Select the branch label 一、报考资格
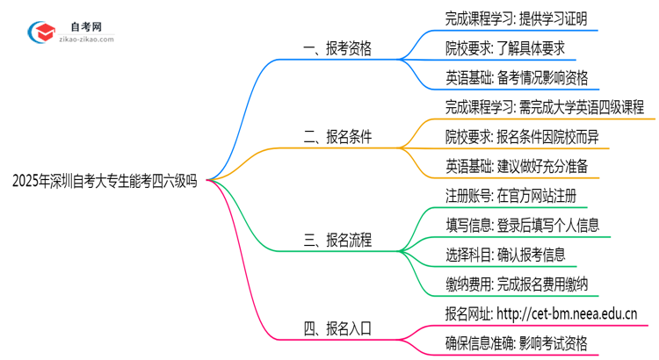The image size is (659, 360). coord(337,49)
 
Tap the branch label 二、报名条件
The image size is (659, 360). coord(337,137)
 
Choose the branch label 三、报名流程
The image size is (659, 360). coord(337,240)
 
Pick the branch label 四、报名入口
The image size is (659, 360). coord(337,328)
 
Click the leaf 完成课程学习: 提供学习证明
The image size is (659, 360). coord(516,18)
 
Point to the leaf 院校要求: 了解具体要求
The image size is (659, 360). coord(503,47)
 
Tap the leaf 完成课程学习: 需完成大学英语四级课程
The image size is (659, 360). coord(545,107)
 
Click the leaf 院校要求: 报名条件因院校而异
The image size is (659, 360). coord(522,137)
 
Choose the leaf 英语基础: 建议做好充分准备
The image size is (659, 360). coord(516,166)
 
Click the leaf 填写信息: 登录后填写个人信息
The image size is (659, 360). coord(522,225)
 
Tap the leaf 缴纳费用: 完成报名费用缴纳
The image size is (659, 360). coord(516,284)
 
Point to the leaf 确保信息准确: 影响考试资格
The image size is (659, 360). coord(516,342)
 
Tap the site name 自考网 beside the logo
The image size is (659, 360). coord(85,24)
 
